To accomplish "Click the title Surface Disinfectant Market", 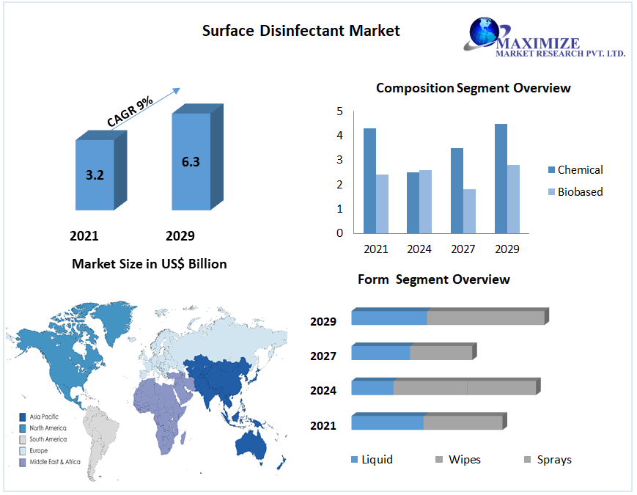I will pyautogui.click(x=301, y=31).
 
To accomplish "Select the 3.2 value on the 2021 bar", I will pyautogui.click(x=95, y=175).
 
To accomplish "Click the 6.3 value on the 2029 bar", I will pyautogui.click(x=191, y=161).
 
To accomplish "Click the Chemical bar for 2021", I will pyautogui.click(x=369, y=180).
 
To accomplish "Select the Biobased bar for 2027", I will pyautogui.click(x=469, y=211).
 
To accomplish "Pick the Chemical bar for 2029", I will pyautogui.click(x=501, y=178).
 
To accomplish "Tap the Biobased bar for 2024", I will pyautogui.click(x=425, y=202).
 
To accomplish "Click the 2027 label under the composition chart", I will pyautogui.click(x=463, y=249).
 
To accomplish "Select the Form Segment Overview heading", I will pyautogui.click(x=434, y=279).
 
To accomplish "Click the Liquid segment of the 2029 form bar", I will pyautogui.click(x=389, y=318).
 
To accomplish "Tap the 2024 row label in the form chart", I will pyautogui.click(x=323, y=391).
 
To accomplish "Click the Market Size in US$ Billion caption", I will pyautogui.click(x=150, y=264).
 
